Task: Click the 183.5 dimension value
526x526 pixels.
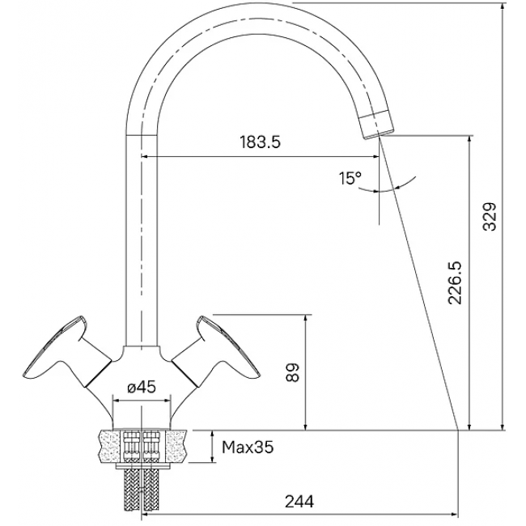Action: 260,142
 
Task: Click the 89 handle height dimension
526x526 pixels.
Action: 293,371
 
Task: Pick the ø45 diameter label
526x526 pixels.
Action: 142,387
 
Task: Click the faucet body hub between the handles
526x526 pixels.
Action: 142,364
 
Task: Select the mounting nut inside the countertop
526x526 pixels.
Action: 142,446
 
